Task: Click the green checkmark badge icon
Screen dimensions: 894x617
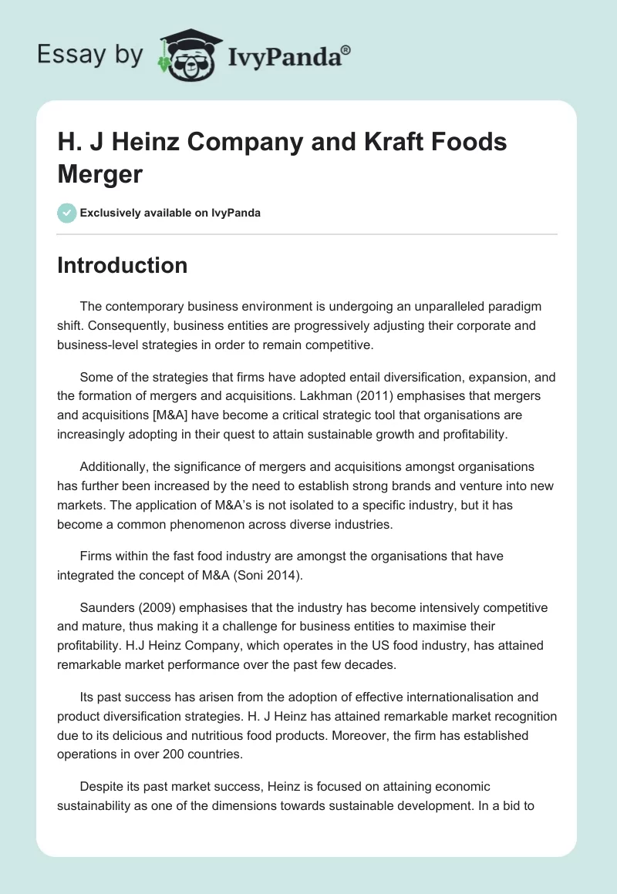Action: [67, 213]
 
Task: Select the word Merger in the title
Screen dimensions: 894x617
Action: [100, 174]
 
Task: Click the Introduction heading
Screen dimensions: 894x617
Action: [123, 265]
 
